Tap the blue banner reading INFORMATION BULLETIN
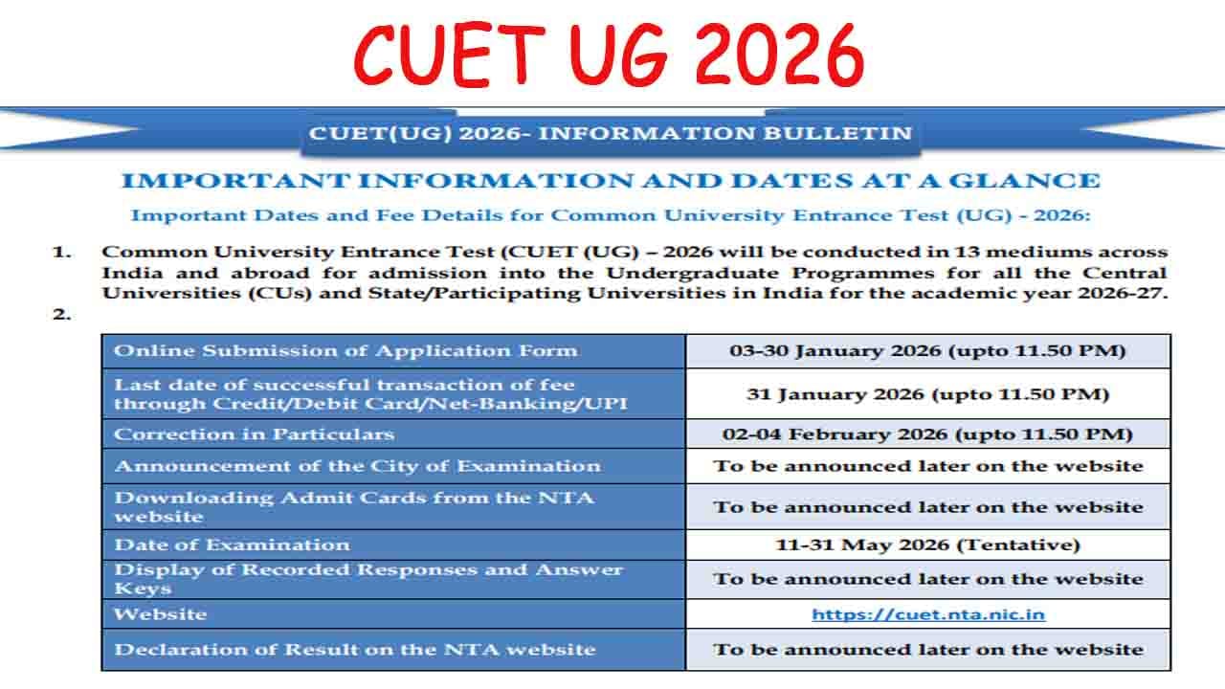(610, 133)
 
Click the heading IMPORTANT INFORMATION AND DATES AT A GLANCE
(611, 181)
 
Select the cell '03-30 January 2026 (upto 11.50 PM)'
(927, 350)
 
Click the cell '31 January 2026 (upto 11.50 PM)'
(927, 393)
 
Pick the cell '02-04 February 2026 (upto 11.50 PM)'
(927, 434)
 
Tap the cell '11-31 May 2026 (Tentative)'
(927, 545)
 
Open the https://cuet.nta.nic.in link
(927, 614)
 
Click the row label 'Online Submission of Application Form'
(345, 350)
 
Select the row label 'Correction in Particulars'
(254, 434)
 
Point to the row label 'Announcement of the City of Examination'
(357, 466)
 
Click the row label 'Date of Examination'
(232, 545)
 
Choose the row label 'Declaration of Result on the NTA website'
(354, 649)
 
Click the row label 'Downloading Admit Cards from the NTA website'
(353, 506)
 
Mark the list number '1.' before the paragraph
(62, 253)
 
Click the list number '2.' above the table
(62, 314)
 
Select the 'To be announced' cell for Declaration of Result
(927, 649)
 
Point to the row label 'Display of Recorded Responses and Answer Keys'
(367, 578)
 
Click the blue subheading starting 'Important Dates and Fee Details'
(610, 215)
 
